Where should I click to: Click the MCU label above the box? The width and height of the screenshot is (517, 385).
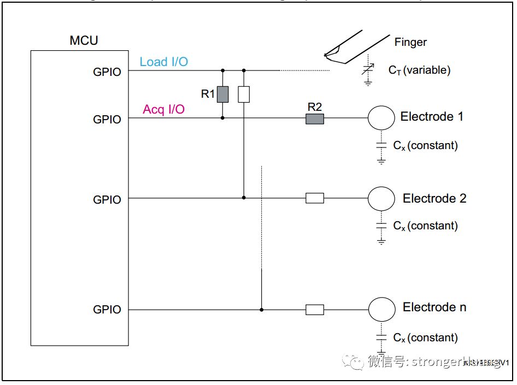point(84,40)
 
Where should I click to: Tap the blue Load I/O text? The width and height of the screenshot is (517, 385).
point(163,62)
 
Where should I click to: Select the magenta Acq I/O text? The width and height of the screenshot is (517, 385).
point(163,109)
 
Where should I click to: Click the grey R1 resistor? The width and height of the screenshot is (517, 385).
point(222,94)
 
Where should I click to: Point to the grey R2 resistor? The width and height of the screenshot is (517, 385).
point(314,119)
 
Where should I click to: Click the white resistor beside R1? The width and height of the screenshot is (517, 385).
point(244,94)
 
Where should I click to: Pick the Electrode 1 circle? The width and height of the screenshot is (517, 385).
point(381,117)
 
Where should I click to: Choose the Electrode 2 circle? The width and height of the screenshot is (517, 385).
point(381,199)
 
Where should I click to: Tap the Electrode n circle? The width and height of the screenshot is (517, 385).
point(381,310)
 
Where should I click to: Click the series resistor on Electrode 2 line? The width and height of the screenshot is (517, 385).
point(314,198)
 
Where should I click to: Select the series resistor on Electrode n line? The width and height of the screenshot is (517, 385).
point(314,310)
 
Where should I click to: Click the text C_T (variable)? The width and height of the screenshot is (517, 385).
point(419,70)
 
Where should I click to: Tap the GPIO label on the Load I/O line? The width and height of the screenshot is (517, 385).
point(107,72)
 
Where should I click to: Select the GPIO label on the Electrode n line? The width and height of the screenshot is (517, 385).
point(107,310)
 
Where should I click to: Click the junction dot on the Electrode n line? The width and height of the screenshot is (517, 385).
point(262,310)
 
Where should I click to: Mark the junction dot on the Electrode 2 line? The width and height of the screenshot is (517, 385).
point(244,198)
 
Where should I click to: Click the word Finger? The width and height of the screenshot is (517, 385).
point(410,42)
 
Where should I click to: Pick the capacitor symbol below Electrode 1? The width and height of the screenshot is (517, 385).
point(381,146)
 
